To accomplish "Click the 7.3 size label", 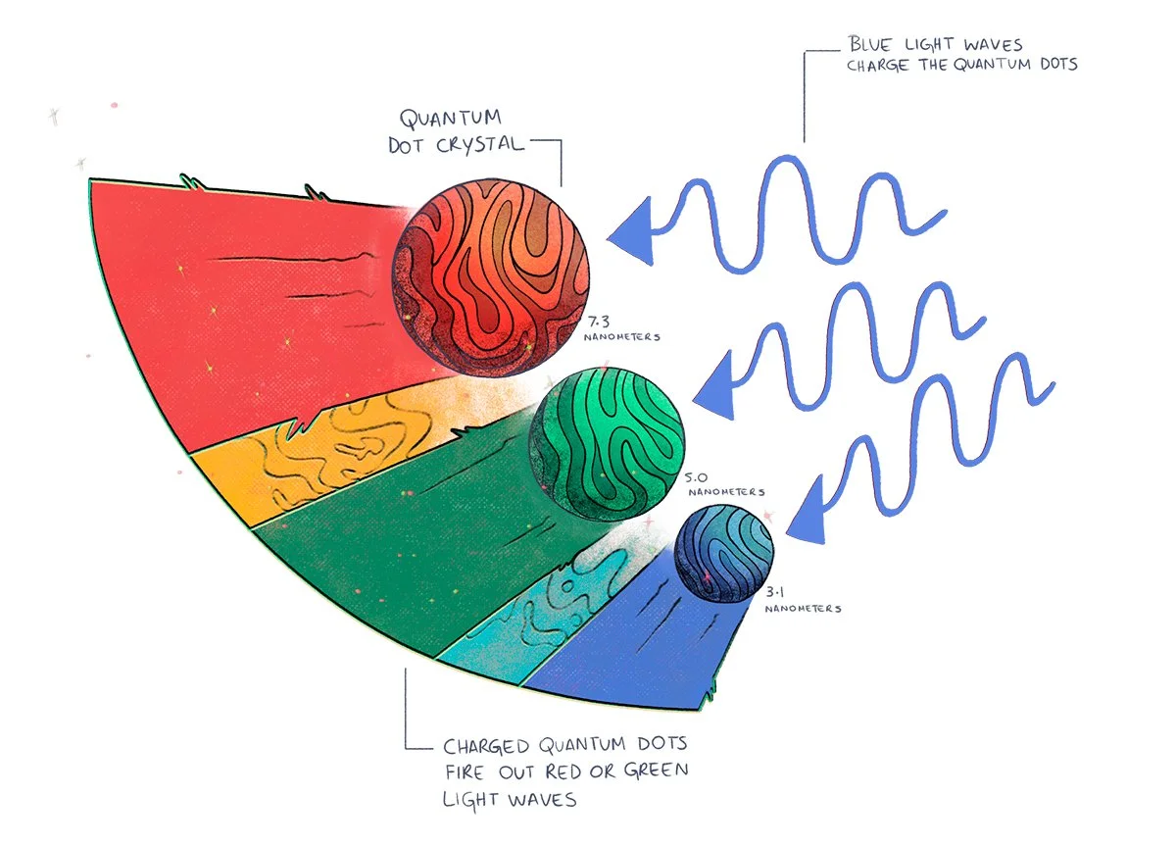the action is pyautogui.click(x=601, y=322).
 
